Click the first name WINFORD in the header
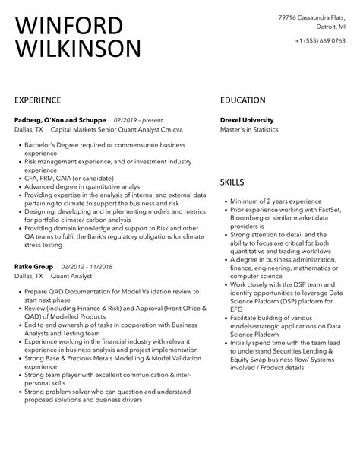tap(68, 26)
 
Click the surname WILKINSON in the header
tap(77, 50)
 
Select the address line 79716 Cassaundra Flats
tap(311, 17)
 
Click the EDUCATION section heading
tap(242, 100)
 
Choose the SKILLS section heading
tap(232, 182)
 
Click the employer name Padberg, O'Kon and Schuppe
tap(60, 120)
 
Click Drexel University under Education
tap(247, 120)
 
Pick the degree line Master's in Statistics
tap(250, 130)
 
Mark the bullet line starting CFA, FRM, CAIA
tap(72, 177)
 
